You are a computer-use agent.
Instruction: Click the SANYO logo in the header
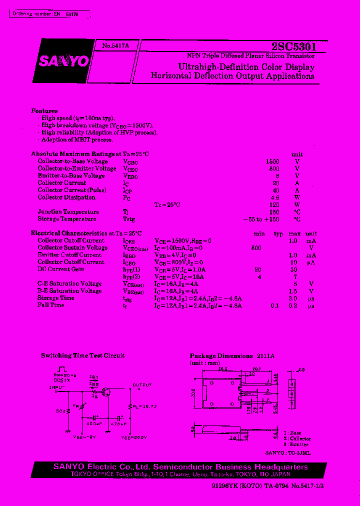click(x=63, y=61)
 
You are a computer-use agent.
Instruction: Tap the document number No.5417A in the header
click(x=115, y=45)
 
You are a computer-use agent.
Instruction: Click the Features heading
click(x=44, y=111)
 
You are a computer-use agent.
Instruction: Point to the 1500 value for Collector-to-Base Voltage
click(x=272, y=161)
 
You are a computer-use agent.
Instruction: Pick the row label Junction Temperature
click(x=68, y=211)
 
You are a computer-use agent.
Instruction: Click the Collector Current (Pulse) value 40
click(x=275, y=190)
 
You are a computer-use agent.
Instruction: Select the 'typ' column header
click(x=278, y=233)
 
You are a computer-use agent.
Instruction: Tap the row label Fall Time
click(x=51, y=305)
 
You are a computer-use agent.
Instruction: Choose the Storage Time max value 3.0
click(x=293, y=298)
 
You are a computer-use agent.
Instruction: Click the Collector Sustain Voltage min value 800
click(x=256, y=247)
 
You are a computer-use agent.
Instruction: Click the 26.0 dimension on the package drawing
click(x=222, y=369)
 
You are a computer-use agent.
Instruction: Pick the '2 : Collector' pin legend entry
click(x=296, y=438)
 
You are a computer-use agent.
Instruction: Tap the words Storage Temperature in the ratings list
click(x=67, y=219)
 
